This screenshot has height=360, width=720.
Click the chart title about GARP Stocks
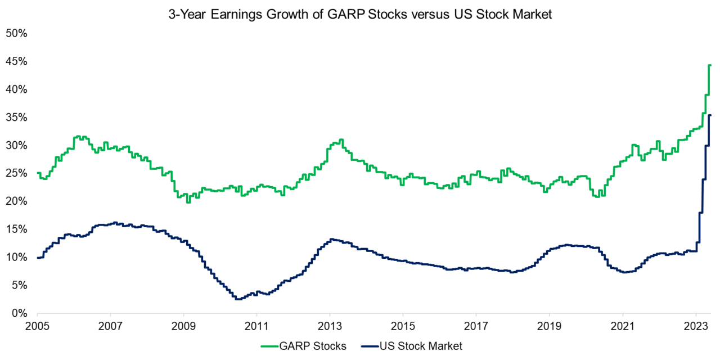coord(360,15)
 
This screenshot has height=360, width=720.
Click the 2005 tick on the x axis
coord(37,326)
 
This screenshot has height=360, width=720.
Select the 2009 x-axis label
coord(183,326)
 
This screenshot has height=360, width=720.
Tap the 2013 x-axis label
coord(330,326)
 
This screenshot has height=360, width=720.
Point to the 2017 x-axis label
coord(476,326)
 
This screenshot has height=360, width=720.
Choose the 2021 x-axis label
coord(622,326)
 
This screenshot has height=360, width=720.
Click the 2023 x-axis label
coord(695,326)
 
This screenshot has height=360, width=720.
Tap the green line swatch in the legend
coord(271,346)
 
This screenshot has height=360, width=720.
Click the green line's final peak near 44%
coord(710,65)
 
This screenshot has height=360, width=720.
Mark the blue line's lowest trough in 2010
coord(238,299)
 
